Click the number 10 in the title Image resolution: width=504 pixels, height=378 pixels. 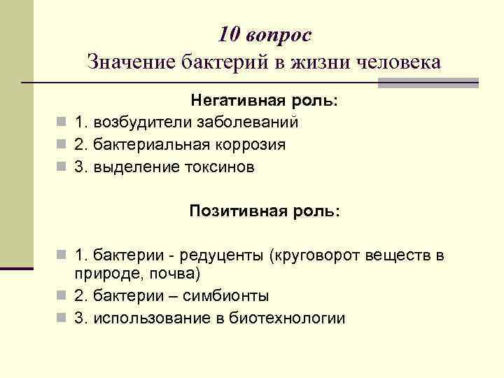point(229,34)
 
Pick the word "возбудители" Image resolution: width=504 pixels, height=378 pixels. point(139,122)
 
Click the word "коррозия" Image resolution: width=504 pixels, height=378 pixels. point(251,145)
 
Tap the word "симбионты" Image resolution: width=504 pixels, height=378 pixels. point(228,295)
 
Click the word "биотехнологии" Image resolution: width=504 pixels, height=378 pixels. point(288,318)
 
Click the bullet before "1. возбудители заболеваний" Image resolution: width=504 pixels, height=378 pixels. point(62,122)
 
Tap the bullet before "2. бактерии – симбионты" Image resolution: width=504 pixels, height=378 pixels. point(62,295)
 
